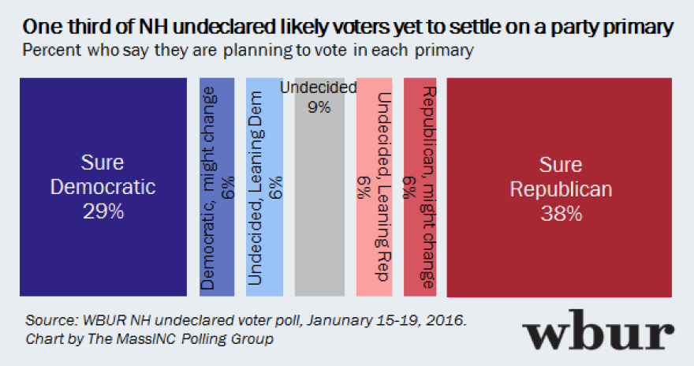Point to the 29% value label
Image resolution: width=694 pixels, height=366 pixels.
point(103,213)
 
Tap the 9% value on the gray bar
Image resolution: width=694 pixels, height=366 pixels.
point(319,107)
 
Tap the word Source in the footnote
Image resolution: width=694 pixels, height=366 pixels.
point(46,322)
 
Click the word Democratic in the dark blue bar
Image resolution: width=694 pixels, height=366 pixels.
point(103,188)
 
